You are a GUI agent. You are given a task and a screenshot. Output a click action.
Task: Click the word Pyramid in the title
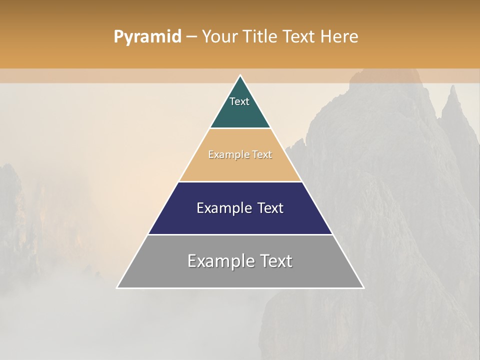(x=147, y=37)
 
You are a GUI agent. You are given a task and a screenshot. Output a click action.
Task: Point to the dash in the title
(x=191, y=37)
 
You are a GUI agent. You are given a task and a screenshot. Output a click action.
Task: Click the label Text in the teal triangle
(x=239, y=101)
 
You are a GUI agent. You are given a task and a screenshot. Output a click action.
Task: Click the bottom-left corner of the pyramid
(x=117, y=287)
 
